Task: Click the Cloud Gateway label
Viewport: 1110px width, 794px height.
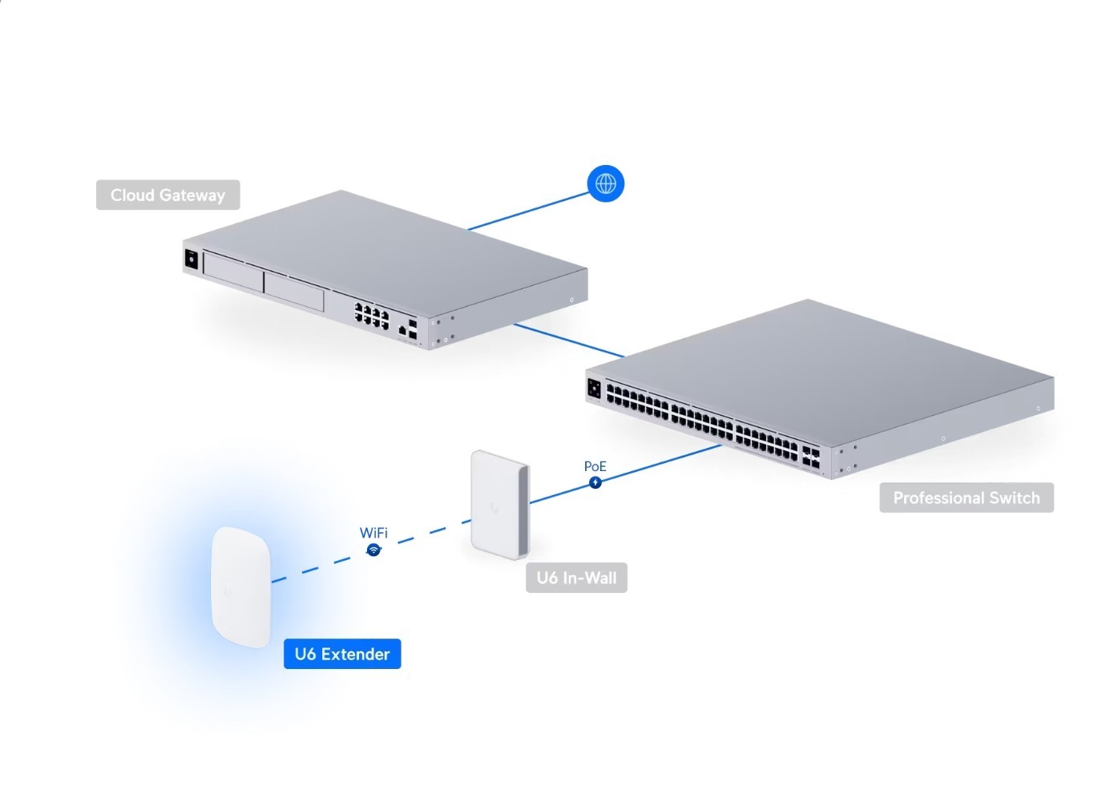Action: tap(168, 195)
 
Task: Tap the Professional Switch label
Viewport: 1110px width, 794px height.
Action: tap(966, 498)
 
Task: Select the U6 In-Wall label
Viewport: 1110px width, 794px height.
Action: tap(576, 578)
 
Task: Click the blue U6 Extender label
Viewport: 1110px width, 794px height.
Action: tap(342, 654)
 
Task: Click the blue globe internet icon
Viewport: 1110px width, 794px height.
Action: tap(606, 183)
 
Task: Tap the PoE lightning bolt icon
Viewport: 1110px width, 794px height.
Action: tap(595, 482)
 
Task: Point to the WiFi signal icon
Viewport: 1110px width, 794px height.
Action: tap(373, 550)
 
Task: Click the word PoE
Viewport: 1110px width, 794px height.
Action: tap(595, 466)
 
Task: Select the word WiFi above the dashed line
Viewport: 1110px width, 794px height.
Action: tap(373, 533)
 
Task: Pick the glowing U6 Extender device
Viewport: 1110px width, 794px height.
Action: tap(240, 587)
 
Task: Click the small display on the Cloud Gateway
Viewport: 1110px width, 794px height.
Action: tap(192, 259)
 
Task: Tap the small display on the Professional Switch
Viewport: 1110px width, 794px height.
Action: tap(595, 388)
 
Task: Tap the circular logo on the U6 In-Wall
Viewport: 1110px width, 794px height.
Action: tap(491, 506)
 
